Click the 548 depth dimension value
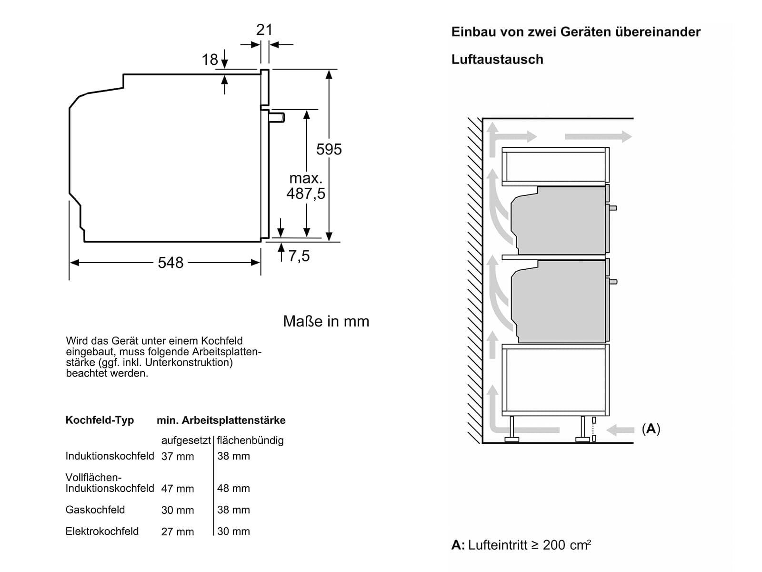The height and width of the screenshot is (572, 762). pos(170,263)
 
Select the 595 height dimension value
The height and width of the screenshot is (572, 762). pos(329,149)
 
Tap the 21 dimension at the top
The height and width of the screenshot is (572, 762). pos(264,30)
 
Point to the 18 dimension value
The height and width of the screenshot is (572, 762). pos(210,60)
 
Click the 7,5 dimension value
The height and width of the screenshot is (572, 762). pos(299,256)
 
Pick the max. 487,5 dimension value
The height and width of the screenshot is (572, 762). pos(306,186)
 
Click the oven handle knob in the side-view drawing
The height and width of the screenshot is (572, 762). pos(277,117)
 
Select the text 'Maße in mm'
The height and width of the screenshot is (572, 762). pos(326,321)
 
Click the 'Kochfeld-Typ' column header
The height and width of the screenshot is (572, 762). pos(100,420)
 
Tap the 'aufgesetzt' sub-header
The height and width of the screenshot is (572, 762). pos(186,440)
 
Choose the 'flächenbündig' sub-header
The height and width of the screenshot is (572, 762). pos(251,440)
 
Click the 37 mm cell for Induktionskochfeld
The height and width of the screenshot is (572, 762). pos(177,456)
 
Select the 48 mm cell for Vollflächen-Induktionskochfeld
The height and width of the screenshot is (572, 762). pos(233,488)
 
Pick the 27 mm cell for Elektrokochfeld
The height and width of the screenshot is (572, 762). pos(177,531)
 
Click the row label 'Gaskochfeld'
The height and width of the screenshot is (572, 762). pos(95,510)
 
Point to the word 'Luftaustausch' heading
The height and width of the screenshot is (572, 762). pos(497,60)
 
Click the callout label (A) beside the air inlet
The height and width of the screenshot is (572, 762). pos(651,429)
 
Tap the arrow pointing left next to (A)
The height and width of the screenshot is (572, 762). pos(621,430)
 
